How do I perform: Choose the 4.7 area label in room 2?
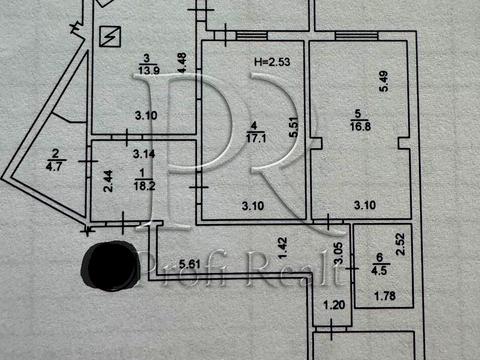[54, 169]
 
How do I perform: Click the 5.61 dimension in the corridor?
[188, 265]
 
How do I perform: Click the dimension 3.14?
[145, 155]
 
